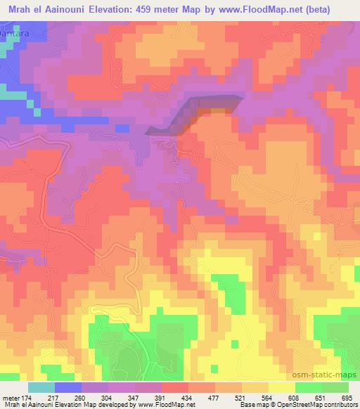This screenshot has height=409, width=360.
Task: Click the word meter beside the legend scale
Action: (x=10, y=397)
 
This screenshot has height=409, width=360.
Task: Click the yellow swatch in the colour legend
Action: (x=281, y=387)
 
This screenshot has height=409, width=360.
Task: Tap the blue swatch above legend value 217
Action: (x=67, y=387)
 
